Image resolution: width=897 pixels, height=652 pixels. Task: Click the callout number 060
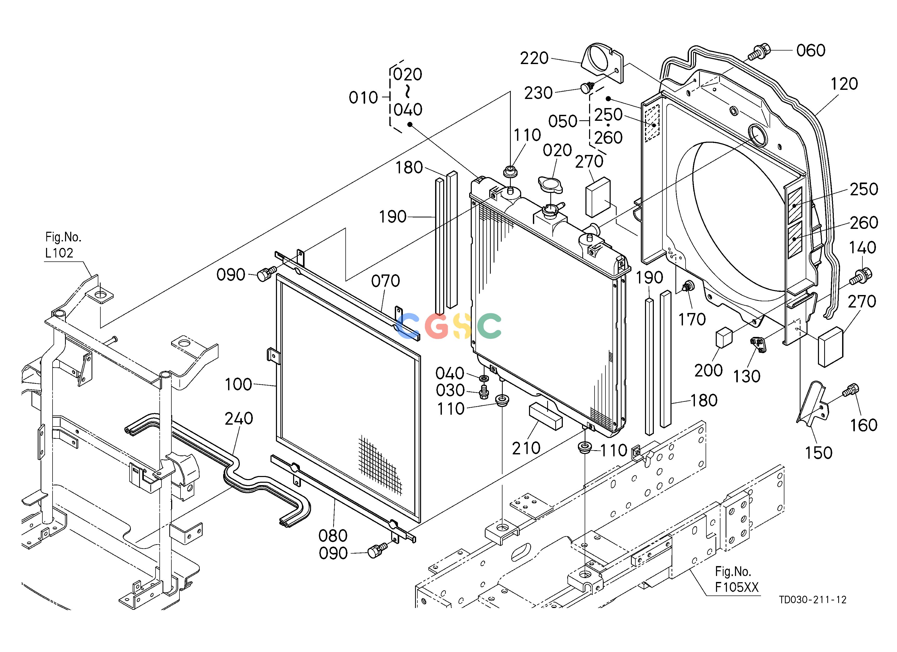point(811,51)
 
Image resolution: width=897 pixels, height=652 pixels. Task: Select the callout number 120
point(844,84)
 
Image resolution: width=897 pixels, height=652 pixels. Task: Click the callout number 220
point(534,58)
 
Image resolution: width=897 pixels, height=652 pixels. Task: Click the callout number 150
point(819,453)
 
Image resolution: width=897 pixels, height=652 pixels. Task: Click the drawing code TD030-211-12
point(813,600)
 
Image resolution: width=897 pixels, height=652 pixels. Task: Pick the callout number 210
point(526,449)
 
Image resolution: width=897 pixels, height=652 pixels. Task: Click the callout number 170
point(692,319)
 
